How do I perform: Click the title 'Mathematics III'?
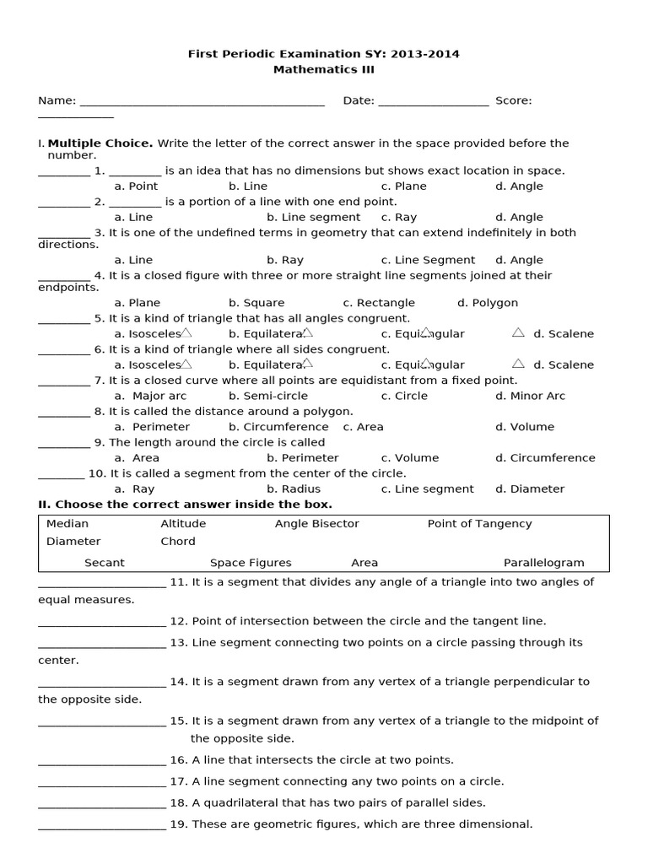click(324, 70)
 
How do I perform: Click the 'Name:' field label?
click(57, 100)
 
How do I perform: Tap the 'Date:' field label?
click(359, 100)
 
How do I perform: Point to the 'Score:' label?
click(513, 100)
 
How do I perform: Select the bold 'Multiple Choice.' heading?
click(100, 143)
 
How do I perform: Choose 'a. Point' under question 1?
click(136, 186)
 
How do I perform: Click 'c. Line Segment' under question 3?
click(428, 261)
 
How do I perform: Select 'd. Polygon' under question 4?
click(488, 303)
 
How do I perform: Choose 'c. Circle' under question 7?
click(404, 396)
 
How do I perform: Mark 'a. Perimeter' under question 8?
click(152, 427)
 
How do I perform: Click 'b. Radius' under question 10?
click(294, 489)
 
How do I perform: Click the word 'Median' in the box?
click(67, 524)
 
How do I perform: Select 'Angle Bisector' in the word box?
click(316, 524)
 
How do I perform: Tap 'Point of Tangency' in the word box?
click(479, 524)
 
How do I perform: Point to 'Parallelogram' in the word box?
click(543, 563)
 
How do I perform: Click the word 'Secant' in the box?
click(105, 563)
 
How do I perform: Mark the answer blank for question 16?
click(102, 760)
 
